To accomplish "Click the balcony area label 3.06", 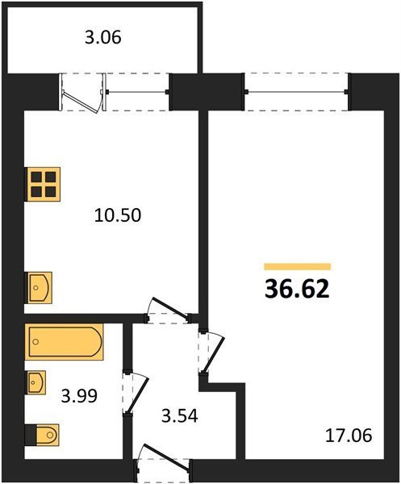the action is coord(103,38).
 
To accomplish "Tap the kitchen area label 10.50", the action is coord(118,215).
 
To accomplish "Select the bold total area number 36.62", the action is coord(297,290).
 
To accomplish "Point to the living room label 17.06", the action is coord(349,436).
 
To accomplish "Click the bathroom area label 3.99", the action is coord(79,396).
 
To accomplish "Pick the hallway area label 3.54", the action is coord(180,416).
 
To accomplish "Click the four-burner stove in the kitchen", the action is coord(43,184).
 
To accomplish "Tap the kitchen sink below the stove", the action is coord(38,287).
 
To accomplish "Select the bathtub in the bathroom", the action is coord(65,342).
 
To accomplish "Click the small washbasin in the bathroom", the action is coord(36,382).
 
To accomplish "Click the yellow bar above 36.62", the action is coord(297,266).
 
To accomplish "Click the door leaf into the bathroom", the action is coord(136,394).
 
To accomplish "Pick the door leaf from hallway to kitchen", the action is coord(170,308).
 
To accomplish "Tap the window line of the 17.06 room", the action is coord(296,92).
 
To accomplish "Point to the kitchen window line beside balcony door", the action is coord(137,92).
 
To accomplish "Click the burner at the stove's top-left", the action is coord(36,177).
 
